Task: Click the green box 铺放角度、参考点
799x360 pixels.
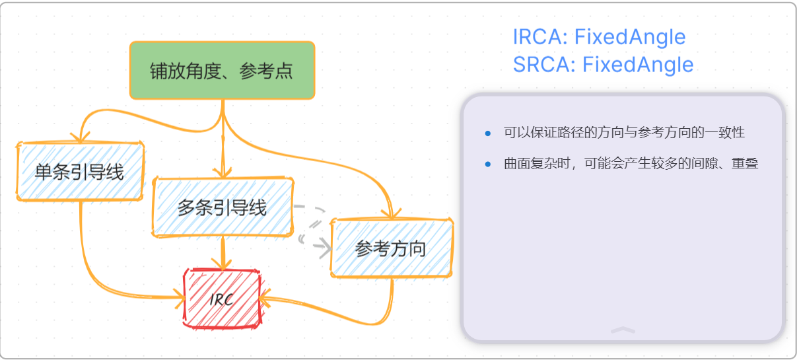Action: pos(222,71)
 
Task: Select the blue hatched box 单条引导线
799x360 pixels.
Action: pos(79,172)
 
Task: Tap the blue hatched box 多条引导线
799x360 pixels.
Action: pos(223,207)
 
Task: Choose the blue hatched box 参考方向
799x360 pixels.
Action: pos(391,248)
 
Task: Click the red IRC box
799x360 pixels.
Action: pos(222,299)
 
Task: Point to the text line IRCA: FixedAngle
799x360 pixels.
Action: pos(599,37)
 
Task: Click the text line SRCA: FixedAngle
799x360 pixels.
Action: pos(603,65)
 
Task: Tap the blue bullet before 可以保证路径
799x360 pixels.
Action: pos(488,133)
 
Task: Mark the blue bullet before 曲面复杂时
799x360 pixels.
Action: pos(488,164)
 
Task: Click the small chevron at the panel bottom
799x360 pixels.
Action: pos(623,330)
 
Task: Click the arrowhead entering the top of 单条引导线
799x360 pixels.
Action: pos(81,137)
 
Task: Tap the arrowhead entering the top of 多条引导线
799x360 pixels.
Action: pos(223,173)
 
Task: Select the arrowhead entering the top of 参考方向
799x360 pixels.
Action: pos(391,214)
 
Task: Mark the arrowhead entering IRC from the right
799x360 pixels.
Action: pos(264,298)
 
